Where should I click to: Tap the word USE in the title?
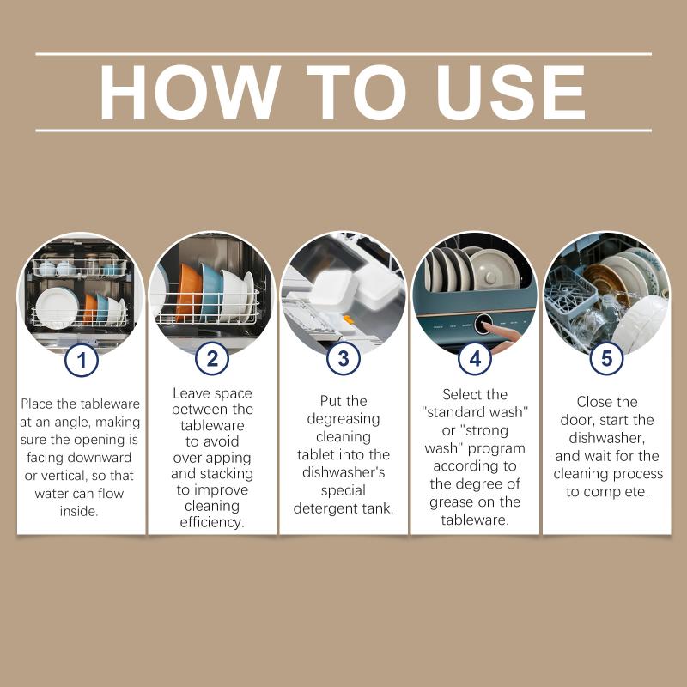point(511,92)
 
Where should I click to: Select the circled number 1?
point(82,360)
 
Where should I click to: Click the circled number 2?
point(212,359)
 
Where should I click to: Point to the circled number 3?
point(343,359)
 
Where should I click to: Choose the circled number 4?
point(475,359)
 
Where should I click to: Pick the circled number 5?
point(606,359)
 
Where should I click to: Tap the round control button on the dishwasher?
point(483,324)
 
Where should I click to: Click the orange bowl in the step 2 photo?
point(187,293)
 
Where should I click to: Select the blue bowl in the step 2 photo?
point(210,291)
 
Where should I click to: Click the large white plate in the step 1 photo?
point(57,308)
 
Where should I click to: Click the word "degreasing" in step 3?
point(343,419)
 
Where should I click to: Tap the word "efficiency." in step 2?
point(212,522)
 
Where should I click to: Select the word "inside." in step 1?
point(79,511)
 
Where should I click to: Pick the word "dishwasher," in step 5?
point(607,438)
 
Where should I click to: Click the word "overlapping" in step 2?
point(212,459)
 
